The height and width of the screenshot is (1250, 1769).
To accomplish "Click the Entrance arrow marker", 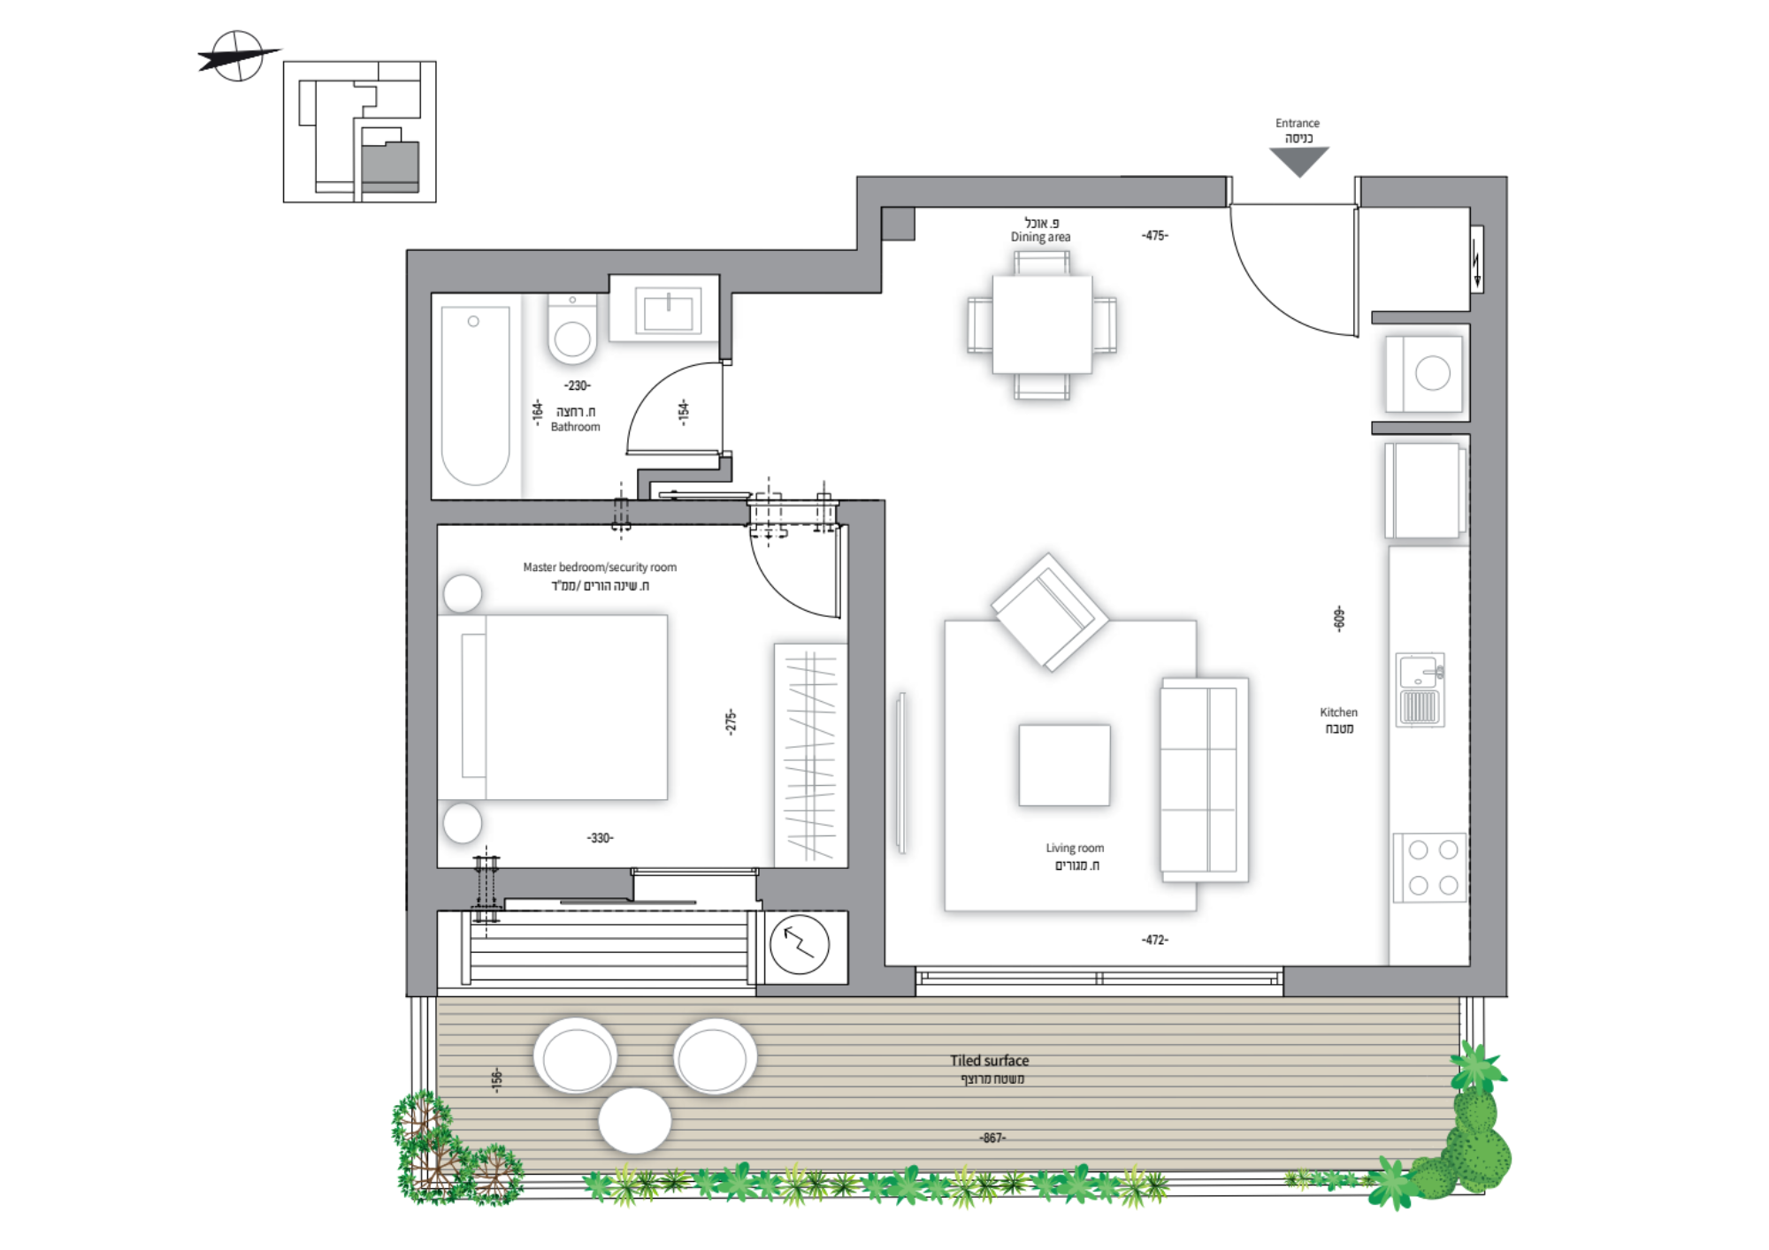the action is coord(1298,160).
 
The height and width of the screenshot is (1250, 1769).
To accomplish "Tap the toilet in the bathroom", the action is coord(572,329).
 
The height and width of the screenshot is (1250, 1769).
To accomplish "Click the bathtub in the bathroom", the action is coord(476,395).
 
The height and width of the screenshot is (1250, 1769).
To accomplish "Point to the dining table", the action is coord(1042,324).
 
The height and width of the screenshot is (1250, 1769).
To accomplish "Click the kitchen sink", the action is coord(1420,690).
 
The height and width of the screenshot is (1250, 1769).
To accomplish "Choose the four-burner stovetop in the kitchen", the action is coord(1430,867).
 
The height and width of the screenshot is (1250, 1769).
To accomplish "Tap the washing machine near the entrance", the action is coord(1423,373).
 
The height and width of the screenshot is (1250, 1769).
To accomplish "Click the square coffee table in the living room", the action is coord(1064,765).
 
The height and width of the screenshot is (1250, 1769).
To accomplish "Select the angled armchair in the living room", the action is coord(1050,612).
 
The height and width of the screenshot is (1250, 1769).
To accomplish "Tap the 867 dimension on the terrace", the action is coord(992,1138).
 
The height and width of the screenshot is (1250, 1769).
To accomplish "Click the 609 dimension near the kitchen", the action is coord(1339,618).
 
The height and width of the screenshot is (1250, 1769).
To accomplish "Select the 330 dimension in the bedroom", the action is coord(600,838).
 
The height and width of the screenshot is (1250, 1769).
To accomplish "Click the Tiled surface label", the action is coord(989,1061).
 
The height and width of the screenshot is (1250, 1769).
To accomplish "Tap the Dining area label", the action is coord(1040,237).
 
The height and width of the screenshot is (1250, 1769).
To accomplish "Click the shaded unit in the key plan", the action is coord(390,166).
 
